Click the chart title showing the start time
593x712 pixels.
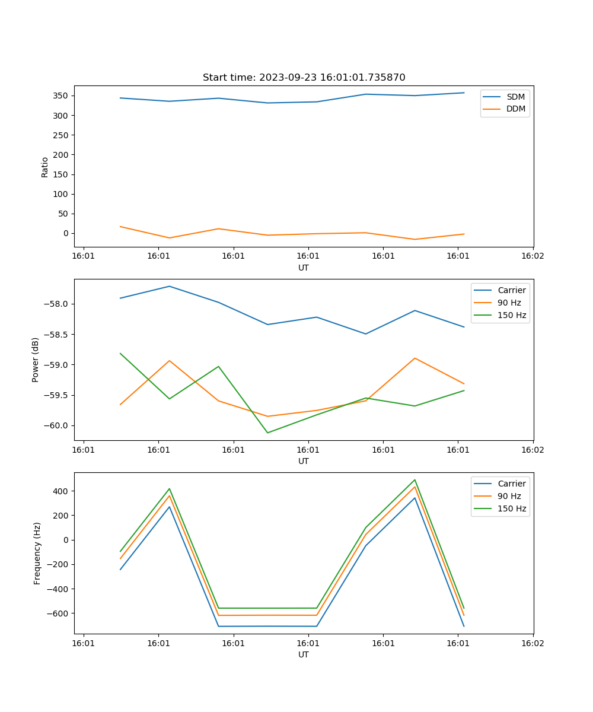304,77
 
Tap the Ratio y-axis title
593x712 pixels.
45,167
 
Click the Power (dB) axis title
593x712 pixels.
36,360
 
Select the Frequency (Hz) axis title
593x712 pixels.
37,553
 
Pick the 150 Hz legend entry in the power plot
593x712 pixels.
512,315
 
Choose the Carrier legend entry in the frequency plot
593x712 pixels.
511,484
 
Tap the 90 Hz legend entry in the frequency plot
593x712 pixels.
509,496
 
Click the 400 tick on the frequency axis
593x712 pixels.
62,491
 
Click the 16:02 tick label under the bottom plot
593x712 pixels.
532,643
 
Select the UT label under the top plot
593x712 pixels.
304,268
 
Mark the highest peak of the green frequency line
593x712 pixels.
415,480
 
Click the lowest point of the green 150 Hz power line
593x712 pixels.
267,433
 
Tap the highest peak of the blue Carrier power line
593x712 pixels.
170,286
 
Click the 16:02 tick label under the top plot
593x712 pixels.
532,256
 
